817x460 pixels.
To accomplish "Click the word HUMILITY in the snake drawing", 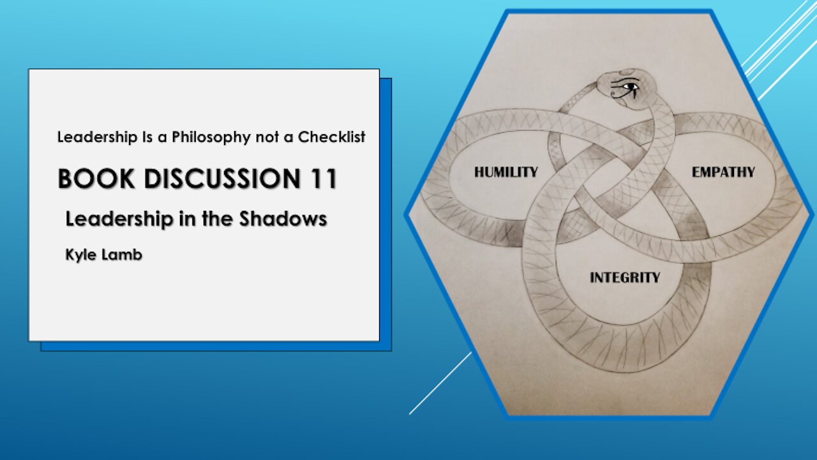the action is [x=506, y=172].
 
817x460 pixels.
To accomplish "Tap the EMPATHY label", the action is [x=723, y=172].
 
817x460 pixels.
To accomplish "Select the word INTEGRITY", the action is [x=625, y=277].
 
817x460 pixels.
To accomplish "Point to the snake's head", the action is [x=627, y=88].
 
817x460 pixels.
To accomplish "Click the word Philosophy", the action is [x=211, y=137].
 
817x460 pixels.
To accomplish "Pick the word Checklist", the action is [x=331, y=137].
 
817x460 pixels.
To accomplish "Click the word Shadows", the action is [x=283, y=218].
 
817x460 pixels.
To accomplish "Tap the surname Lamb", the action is [x=122, y=254].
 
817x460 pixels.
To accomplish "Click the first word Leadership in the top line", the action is [x=97, y=137].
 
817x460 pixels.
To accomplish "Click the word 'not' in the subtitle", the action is [x=267, y=137].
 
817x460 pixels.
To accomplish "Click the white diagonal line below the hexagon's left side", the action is [x=440, y=383].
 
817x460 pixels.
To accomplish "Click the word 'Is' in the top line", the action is [x=147, y=137].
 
